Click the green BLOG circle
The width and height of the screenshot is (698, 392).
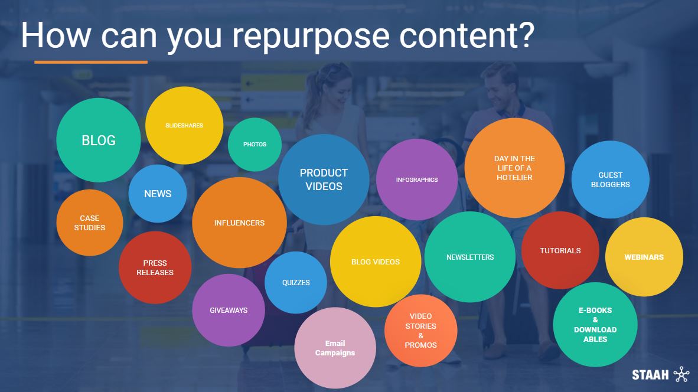tap(99, 140)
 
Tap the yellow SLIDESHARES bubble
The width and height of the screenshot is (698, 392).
tap(184, 126)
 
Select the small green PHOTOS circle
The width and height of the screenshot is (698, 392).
tap(255, 145)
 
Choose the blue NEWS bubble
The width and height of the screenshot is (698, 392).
tap(158, 194)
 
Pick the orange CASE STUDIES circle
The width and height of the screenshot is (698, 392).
tap(90, 223)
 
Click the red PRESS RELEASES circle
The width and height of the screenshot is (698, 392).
tap(155, 267)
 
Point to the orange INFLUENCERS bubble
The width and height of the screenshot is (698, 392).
tap(240, 223)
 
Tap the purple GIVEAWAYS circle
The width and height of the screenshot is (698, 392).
tap(229, 310)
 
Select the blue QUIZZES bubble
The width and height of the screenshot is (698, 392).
tap(296, 283)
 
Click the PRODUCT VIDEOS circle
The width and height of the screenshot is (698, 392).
tap(324, 179)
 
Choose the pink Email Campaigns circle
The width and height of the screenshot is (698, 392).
tap(335, 348)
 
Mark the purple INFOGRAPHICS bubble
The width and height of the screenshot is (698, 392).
tap(417, 179)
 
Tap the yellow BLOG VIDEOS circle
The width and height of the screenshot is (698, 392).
tap(375, 262)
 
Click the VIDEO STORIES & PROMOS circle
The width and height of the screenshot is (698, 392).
tap(420, 331)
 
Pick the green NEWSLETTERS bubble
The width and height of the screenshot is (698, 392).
tap(470, 257)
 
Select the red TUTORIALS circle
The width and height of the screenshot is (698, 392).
tap(560, 250)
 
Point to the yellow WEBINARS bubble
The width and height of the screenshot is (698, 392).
tap(644, 257)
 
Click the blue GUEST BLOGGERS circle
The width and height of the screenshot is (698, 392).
tap(610, 179)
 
